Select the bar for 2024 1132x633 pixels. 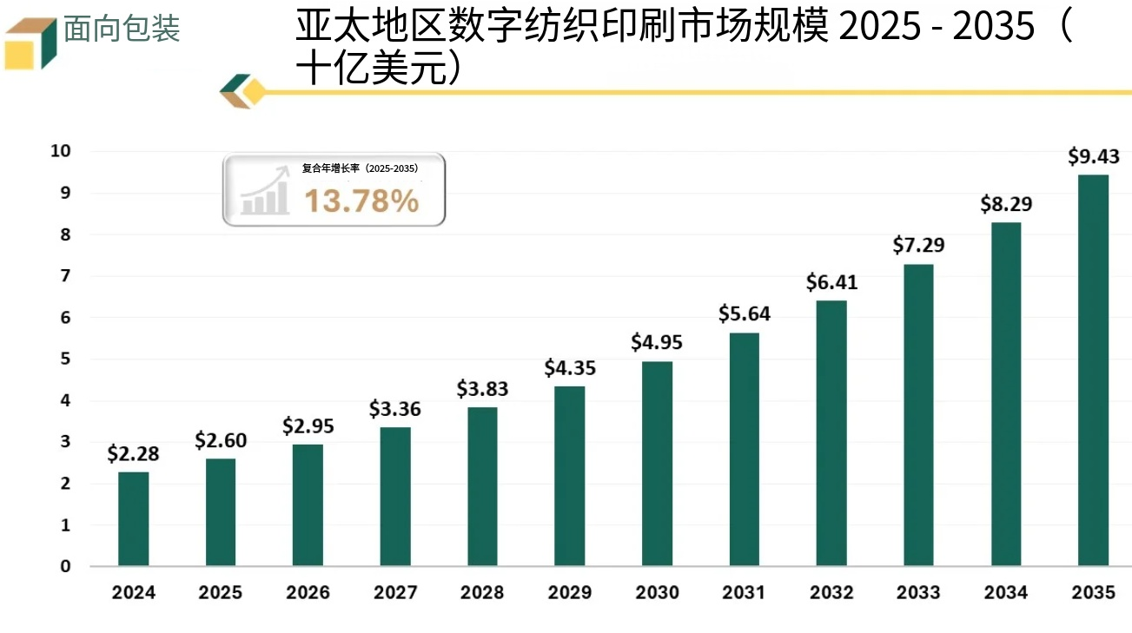(134, 518)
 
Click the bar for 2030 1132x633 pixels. (657, 464)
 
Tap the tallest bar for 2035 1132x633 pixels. (1093, 371)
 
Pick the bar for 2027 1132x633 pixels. (395, 497)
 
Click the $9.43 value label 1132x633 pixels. (1093, 157)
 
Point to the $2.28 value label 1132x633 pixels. (134, 453)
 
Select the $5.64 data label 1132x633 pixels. (745, 314)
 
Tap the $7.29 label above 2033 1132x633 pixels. (918, 246)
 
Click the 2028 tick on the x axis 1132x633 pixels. (482, 593)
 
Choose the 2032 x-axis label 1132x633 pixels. (831, 593)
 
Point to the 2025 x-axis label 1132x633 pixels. (221, 593)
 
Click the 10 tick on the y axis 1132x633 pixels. (60, 151)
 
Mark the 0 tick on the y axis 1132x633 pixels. (65, 567)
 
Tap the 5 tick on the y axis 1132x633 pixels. (65, 359)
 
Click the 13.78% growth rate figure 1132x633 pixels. (361, 201)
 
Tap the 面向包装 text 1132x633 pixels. (122, 30)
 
